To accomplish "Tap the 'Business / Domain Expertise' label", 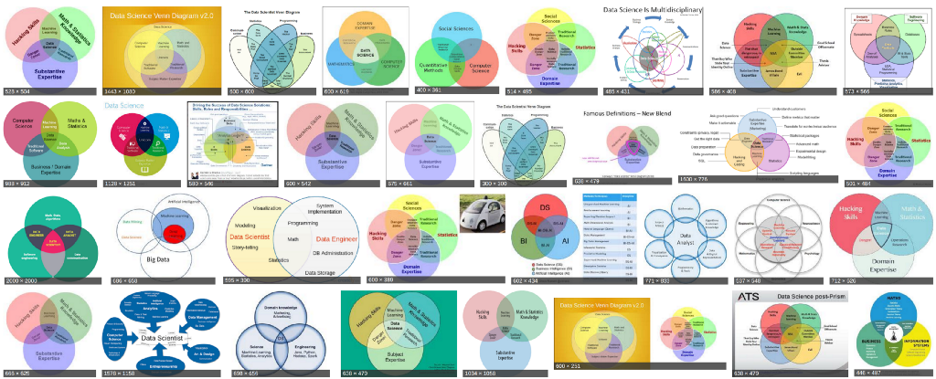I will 52,168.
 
